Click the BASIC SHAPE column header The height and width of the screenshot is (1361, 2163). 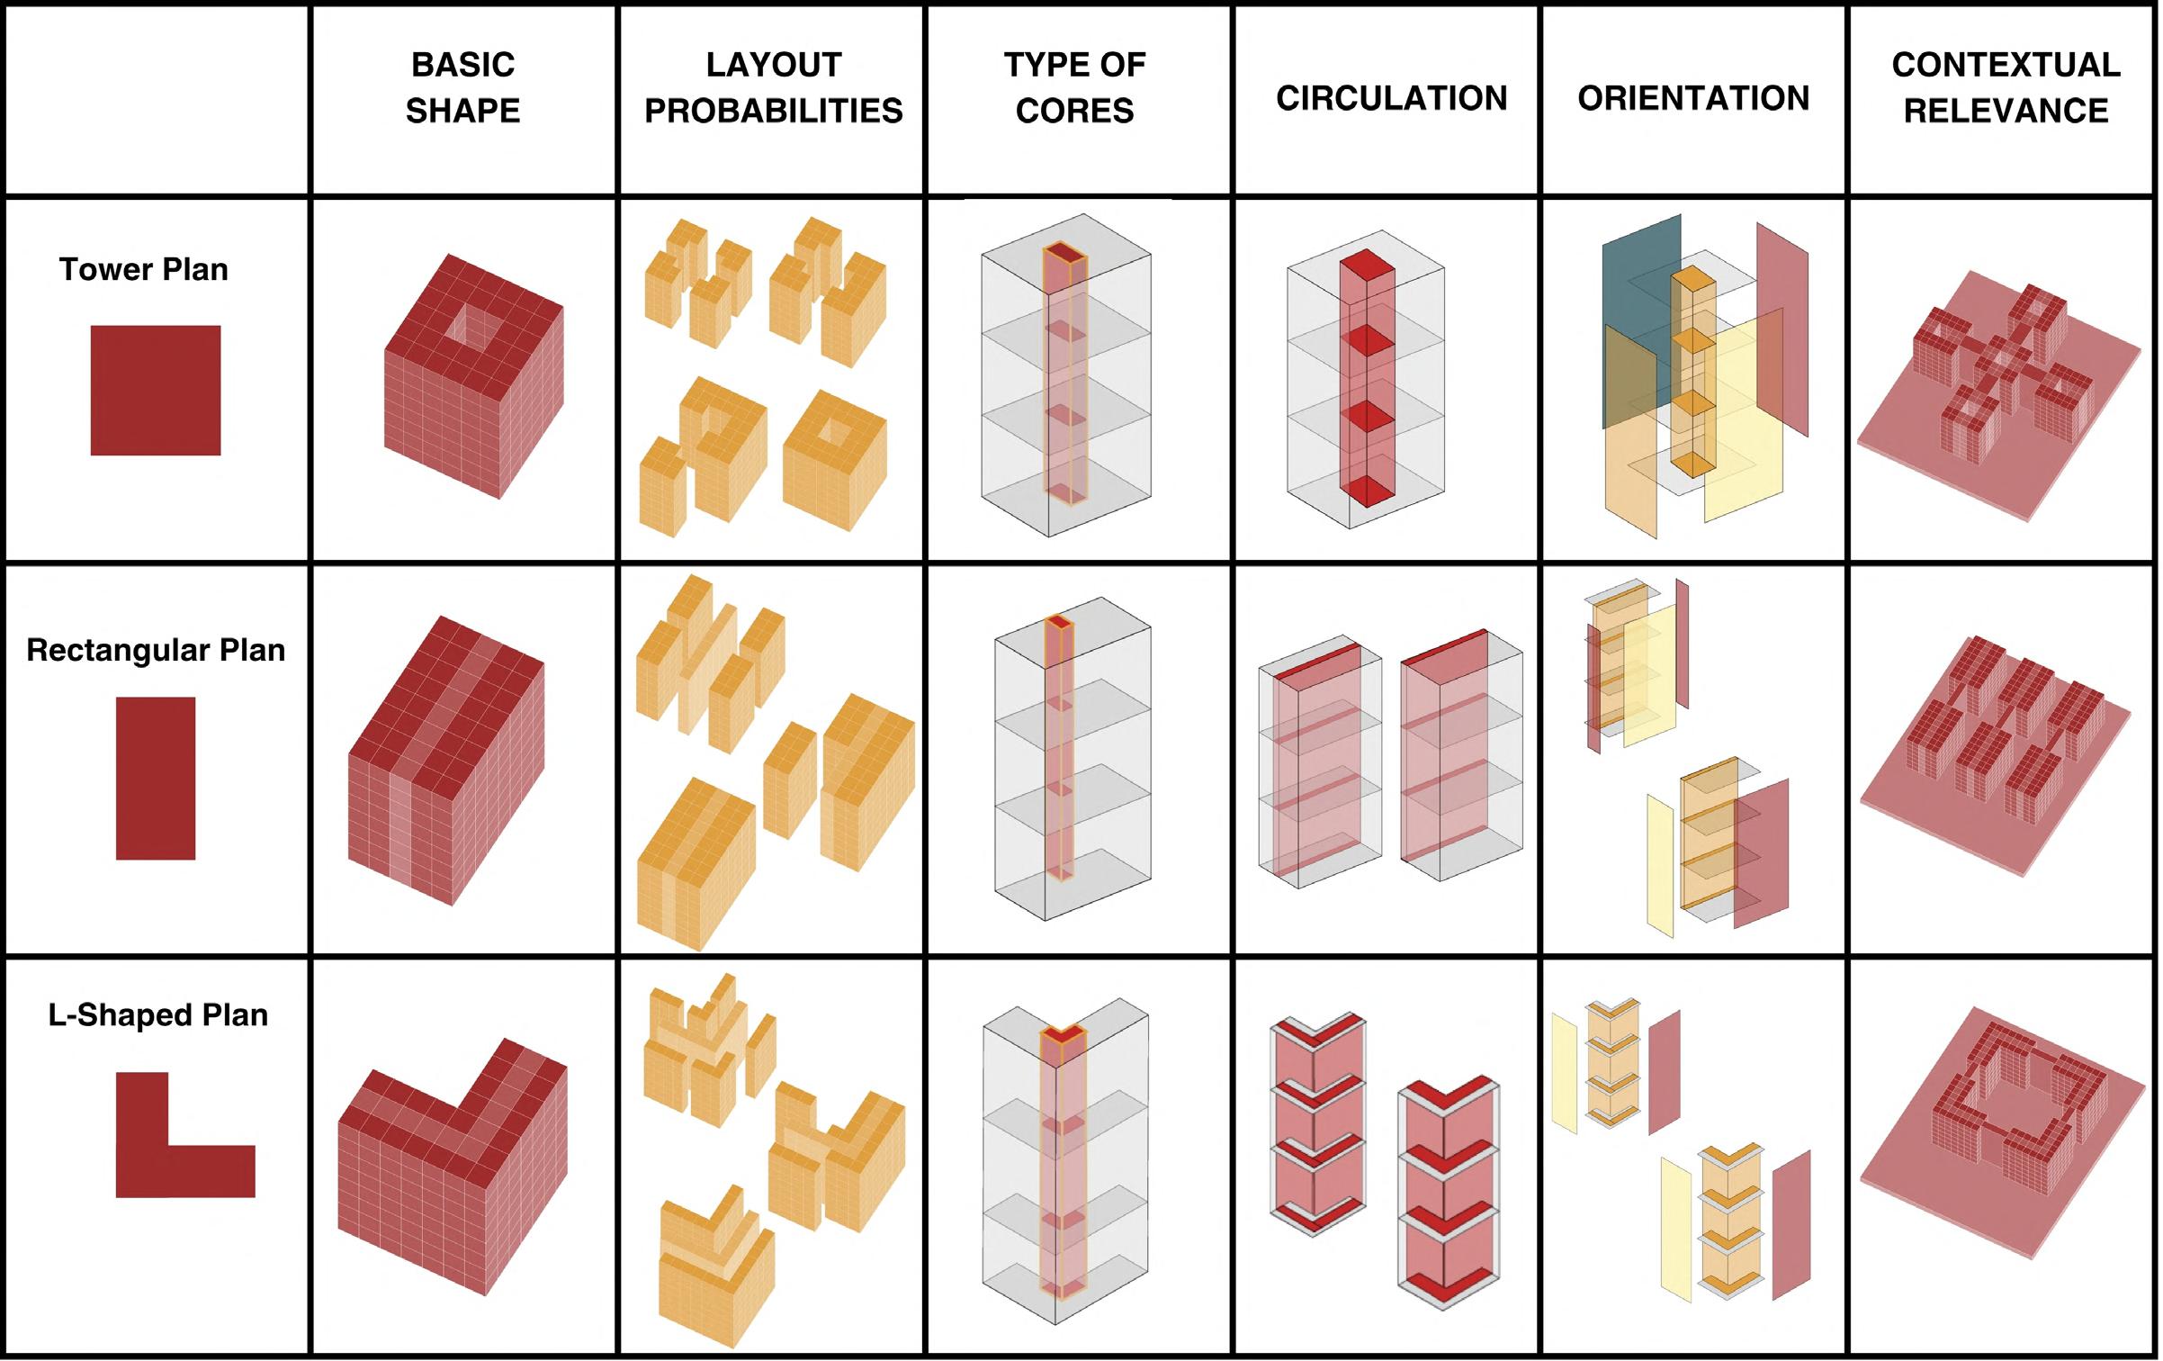[x=462, y=87]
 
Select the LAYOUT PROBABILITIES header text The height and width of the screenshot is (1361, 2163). [x=773, y=87]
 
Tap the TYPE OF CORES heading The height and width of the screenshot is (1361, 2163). [x=1074, y=87]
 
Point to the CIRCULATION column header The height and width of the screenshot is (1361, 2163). [x=1391, y=98]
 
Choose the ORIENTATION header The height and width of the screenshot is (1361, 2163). [x=1693, y=98]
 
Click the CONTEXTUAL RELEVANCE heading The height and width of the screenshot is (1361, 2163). [x=2006, y=87]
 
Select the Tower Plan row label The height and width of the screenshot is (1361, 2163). [x=144, y=269]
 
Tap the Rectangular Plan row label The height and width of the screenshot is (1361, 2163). [x=156, y=650]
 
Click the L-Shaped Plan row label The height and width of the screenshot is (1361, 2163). [x=158, y=1014]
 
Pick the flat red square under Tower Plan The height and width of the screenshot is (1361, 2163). [x=156, y=390]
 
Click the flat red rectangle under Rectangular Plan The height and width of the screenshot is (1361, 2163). [x=156, y=778]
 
